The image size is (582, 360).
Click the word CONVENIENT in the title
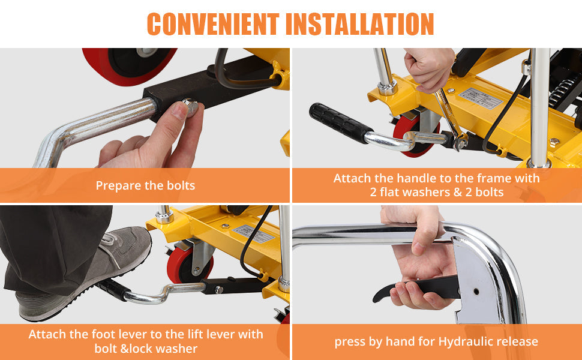pos(213,24)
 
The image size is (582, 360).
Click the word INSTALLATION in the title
pos(359,24)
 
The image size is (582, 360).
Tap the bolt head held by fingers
pos(191,107)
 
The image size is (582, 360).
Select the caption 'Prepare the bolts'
pos(145,185)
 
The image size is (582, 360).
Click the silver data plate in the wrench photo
pos(480,98)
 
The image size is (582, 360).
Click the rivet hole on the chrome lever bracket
pos(476,292)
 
